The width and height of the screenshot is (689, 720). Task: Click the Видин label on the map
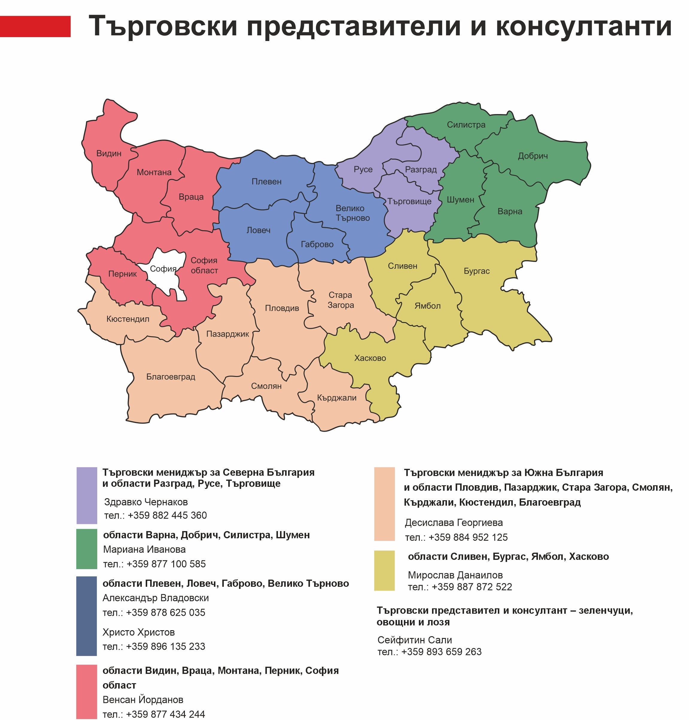109,154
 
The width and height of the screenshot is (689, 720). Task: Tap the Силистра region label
466,125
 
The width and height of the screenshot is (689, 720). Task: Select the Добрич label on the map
533,156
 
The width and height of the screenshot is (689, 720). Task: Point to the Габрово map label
317,245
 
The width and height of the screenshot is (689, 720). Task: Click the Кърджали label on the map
337,398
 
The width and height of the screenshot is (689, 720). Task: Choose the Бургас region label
477,271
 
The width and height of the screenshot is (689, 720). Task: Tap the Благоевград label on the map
171,377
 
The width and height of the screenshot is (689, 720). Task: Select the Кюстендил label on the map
128,319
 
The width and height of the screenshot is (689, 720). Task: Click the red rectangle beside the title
35,26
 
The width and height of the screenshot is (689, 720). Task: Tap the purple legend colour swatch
87,495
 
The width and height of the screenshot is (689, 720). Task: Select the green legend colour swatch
87,549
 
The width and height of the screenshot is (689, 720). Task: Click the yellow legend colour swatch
384,571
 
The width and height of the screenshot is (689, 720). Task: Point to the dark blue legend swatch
87,616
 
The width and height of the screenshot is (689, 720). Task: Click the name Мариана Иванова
144,550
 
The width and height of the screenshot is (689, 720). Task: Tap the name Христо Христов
139,632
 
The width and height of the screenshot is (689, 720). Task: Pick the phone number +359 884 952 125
468,537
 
